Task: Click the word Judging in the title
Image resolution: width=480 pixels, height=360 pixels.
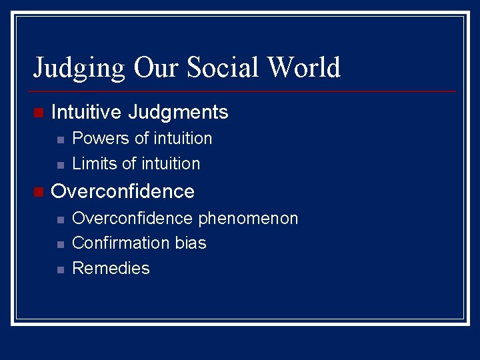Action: pos(79,68)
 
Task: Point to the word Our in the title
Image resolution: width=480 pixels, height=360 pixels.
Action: pos(157,67)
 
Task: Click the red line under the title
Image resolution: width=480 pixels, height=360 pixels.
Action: pos(244,91)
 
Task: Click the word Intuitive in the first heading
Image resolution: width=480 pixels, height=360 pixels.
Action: pos(87,112)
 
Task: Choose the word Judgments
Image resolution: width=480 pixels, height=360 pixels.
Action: pos(178,113)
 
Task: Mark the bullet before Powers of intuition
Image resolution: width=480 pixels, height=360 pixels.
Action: pos(60,140)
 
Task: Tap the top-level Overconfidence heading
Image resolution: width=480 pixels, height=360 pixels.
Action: pos(123,192)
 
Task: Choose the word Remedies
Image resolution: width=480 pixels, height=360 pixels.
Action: pos(111,269)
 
